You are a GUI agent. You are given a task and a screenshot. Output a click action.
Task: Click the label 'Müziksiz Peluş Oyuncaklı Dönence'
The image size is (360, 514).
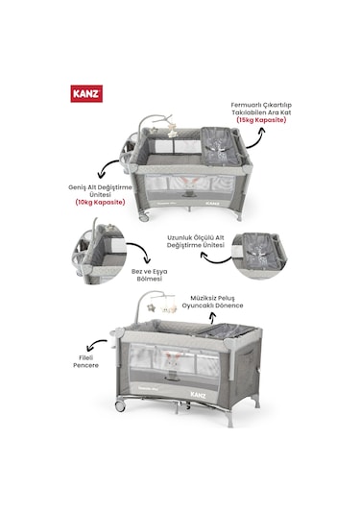pos(217,303)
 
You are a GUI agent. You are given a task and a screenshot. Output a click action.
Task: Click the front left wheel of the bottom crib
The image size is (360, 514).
pos(121,405)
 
